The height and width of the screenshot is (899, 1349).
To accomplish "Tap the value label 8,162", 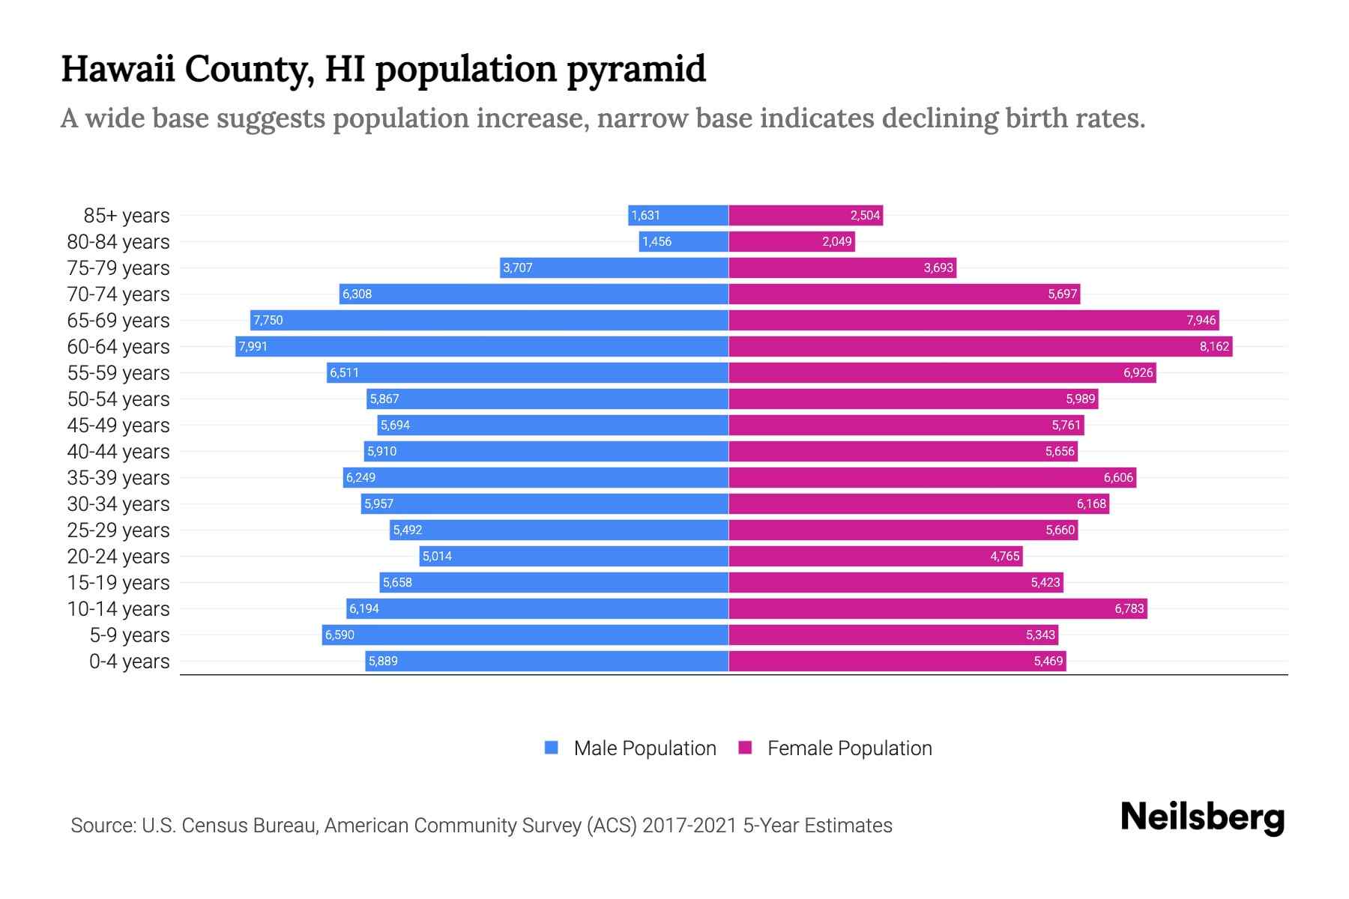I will click(1214, 346).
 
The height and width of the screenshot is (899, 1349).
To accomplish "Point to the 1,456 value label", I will click(657, 241).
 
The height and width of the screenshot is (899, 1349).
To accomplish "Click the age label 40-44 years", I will click(118, 451).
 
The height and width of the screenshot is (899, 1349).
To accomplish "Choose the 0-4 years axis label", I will click(129, 661).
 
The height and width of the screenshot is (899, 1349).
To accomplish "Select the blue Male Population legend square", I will click(552, 748).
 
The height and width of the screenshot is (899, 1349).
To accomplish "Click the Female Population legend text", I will click(849, 748).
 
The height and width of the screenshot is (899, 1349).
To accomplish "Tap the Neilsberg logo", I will click(1202, 817).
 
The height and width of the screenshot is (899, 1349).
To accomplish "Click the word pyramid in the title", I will click(636, 69).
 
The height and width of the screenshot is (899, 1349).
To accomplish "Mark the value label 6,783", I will click(1129, 608).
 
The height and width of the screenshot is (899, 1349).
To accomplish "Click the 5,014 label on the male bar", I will click(437, 556).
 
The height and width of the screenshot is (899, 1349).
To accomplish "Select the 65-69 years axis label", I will click(118, 320).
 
